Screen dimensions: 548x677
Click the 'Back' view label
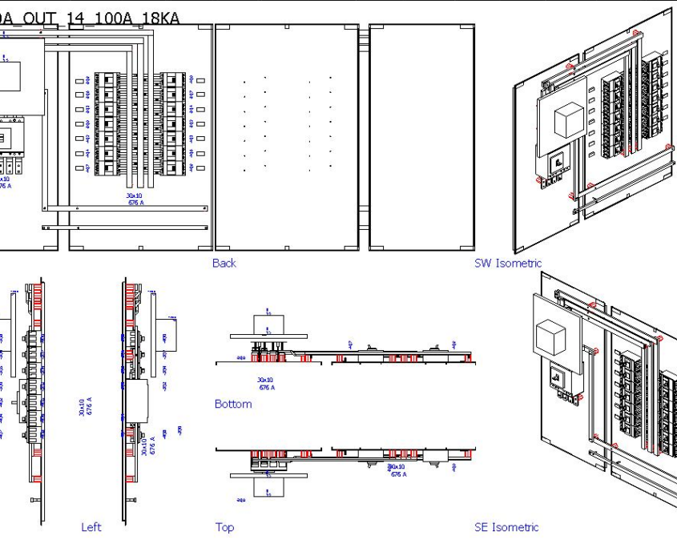[224, 263]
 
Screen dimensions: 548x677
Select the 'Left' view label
[91, 527]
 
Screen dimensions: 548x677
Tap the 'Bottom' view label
[233, 404]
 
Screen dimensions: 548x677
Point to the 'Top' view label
[224, 527]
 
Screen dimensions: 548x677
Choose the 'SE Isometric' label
[506, 527]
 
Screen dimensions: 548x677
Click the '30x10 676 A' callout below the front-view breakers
[135, 199]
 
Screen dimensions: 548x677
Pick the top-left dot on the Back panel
[244, 81]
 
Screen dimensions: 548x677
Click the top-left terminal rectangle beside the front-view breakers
[79, 81]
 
